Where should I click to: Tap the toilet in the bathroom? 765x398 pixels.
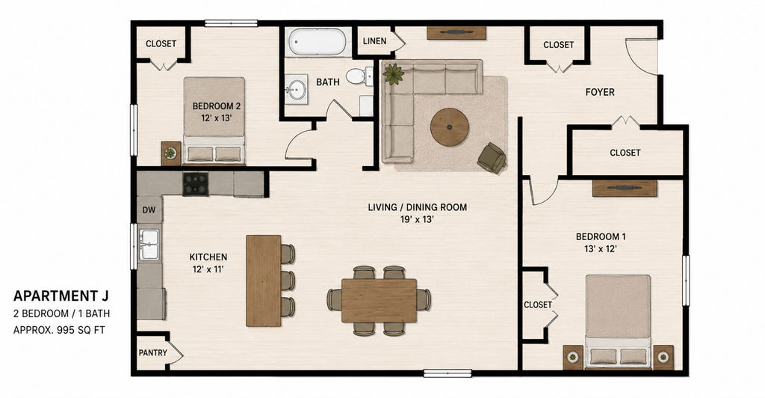click(x=359, y=76)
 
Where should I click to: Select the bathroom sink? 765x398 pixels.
click(x=296, y=89)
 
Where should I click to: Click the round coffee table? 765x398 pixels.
click(x=449, y=127)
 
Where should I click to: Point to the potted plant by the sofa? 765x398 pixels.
click(x=393, y=74)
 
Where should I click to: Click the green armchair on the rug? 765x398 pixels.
click(x=492, y=158)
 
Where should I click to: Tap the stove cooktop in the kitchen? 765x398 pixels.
click(x=196, y=183)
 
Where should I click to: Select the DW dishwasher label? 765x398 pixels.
click(x=149, y=210)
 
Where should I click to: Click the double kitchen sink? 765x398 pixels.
click(x=149, y=244)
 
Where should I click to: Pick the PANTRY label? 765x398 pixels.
click(x=152, y=352)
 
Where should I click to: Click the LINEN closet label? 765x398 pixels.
click(x=375, y=41)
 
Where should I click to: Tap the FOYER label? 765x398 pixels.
click(x=600, y=92)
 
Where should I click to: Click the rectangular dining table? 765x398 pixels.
click(x=379, y=300)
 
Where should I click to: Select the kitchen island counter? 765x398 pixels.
click(x=264, y=281)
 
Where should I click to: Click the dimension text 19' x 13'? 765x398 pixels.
click(x=417, y=220)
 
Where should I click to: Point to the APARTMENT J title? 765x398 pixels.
click(x=61, y=296)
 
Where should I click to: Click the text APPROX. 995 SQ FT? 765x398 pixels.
click(x=59, y=330)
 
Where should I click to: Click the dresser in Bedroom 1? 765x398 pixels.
click(x=625, y=189)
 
